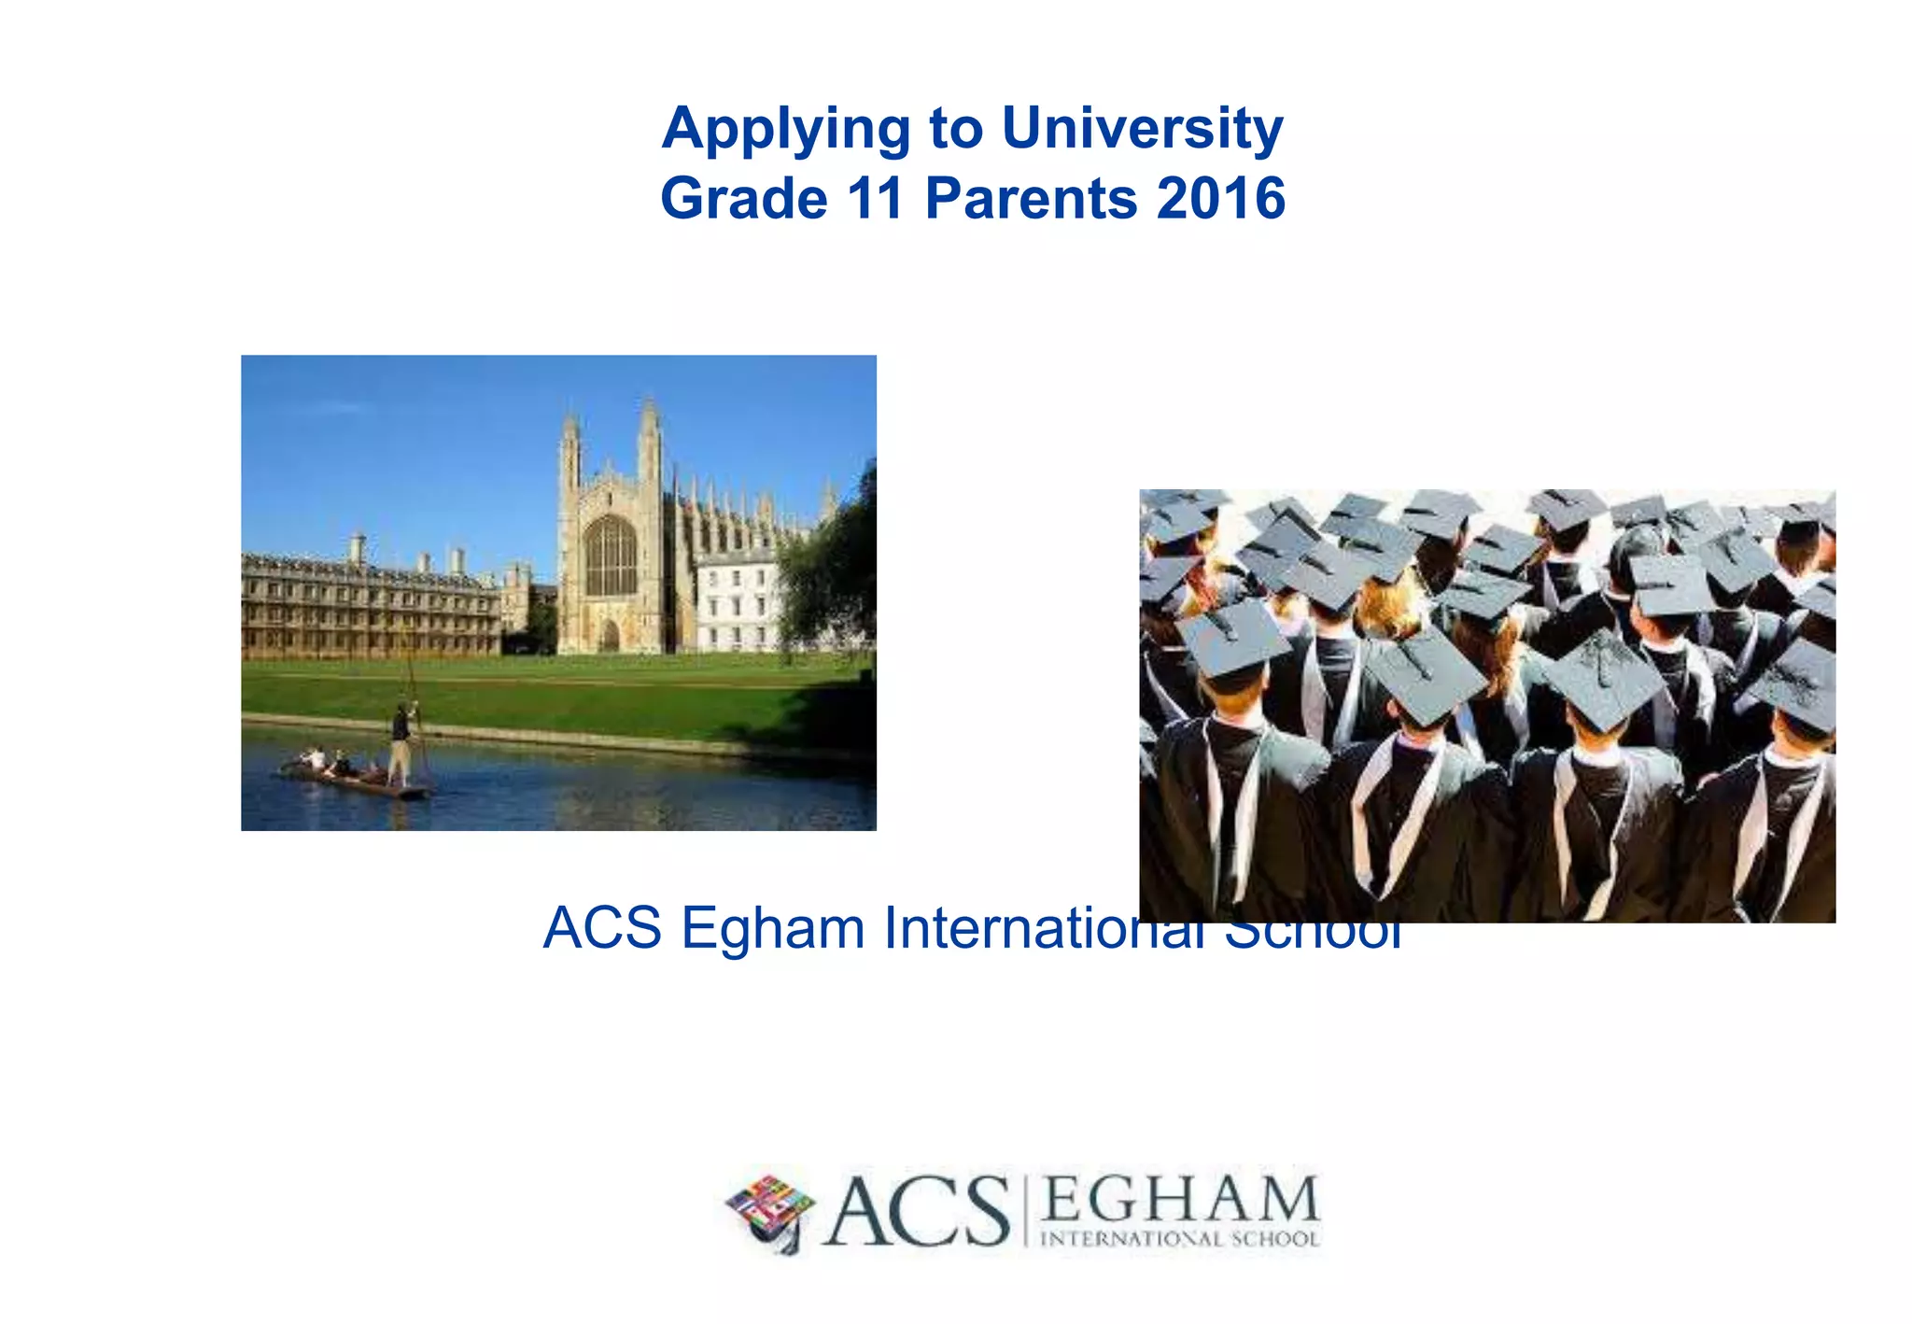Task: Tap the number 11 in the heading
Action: (x=875, y=199)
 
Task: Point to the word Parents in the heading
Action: (x=1031, y=199)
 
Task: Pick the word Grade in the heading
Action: (x=743, y=199)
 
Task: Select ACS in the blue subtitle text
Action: (x=602, y=928)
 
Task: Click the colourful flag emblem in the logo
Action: (x=770, y=1209)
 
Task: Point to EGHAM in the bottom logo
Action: (x=1179, y=1199)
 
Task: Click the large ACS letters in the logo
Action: (x=918, y=1211)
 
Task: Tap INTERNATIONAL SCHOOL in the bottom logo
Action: (x=1179, y=1240)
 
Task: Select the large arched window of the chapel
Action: (x=610, y=556)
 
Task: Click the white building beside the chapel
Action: (x=737, y=602)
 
